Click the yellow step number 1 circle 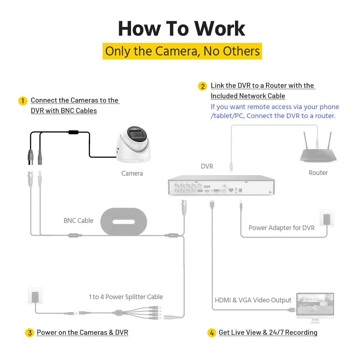(x=23, y=101)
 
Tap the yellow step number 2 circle (x=203, y=86)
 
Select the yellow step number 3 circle (x=30, y=333)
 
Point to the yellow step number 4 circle (x=212, y=333)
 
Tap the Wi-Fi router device (x=318, y=151)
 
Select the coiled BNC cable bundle (x=123, y=222)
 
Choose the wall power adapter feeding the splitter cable (x=35, y=296)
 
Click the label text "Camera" (x=132, y=174)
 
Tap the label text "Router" (x=318, y=173)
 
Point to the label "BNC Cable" (x=78, y=221)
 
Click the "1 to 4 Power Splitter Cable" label (x=126, y=297)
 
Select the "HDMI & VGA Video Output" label (x=253, y=300)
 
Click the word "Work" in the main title (x=220, y=29)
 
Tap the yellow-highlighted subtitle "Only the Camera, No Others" (x=182, y=51)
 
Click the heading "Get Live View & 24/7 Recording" (x=268, y=333)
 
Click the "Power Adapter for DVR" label (x=282, y=228)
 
